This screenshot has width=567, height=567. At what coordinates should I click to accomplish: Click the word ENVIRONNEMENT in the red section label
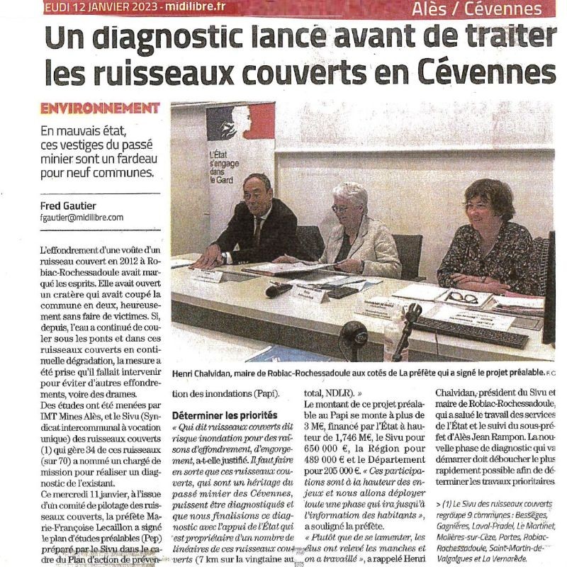pyautogui.click(x=100, y=108)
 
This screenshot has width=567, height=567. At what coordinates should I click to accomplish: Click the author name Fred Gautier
pyautogui.click(x=69, y=206)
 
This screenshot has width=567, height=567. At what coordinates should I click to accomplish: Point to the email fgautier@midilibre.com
pyautogui.click(x=82, y=218)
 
